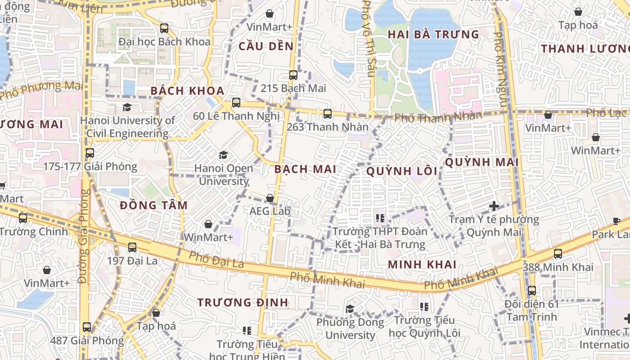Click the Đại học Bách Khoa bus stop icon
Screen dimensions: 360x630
point(164,28)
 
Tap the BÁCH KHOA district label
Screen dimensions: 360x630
point(187,91)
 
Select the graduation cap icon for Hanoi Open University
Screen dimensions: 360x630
point(223,155)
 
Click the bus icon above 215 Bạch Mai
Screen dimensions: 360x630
point(293,75)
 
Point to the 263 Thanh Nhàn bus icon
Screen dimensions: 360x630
point(328,114)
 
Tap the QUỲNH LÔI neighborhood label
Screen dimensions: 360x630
point(402,171)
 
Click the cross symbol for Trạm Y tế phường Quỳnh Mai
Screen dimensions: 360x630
point(494,206)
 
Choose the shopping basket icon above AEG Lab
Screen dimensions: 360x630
point(270,198)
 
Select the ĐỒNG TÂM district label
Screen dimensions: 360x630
point(154,206)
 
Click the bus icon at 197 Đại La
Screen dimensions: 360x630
point(132,247)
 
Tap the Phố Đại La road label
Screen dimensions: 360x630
point(216,260)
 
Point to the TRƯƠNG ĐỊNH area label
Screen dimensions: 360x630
point(243,302)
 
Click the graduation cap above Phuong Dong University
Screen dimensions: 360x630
point(350,309)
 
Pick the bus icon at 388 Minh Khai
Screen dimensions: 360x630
point(558,254)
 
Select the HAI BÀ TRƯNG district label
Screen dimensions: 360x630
point(433,35)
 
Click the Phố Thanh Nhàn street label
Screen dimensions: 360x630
point(438,117)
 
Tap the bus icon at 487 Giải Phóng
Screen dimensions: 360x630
point(87,327)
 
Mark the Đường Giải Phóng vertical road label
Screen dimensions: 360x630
point(84,236)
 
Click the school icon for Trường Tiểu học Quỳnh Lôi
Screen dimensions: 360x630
point(424,307)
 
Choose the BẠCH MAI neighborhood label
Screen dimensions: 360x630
point(305,169)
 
